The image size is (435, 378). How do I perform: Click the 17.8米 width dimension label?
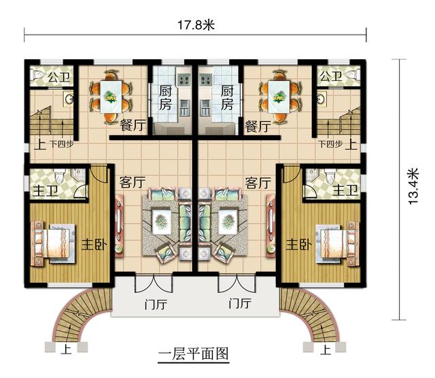(x=195, y=25)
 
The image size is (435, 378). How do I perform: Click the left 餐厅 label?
(x=132, y=126)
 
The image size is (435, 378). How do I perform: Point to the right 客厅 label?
(x=258, y=183)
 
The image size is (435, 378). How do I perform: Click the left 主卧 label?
(x=94, y=243)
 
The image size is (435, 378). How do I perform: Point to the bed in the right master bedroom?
(x=338, y=243)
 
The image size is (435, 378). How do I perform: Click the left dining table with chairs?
(x=110, y=96)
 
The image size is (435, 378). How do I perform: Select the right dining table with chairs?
(x=279, y=96)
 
